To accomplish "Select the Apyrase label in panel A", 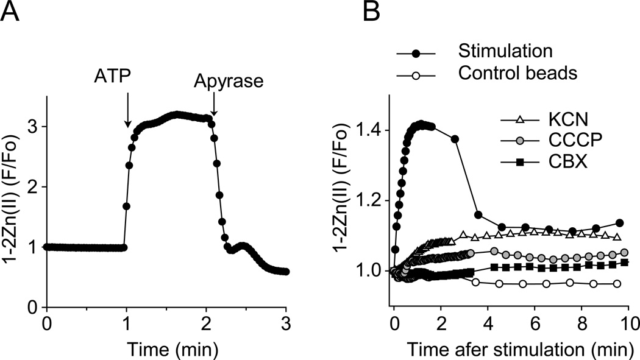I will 229,80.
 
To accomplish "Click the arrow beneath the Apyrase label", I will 213,106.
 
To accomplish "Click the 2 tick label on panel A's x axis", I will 207,322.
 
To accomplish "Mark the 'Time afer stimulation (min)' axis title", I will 510,348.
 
